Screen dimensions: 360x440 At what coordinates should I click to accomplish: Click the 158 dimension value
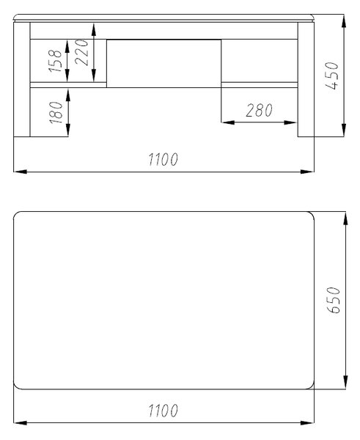pyautogui.click(x=55, y=61)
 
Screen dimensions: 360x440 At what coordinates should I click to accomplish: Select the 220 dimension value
pyautogui.click(x=83, y=53)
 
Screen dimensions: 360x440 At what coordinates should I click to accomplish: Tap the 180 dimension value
pyautogui.click(x=56, y=112)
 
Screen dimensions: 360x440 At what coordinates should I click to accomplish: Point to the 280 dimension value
pyautogui.click(x=259, y=110)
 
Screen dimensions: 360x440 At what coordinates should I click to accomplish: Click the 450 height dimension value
pyautogui.click(x=333, y=76)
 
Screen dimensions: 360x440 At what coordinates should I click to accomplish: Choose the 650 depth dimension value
pyautogui.click(x=334, y=300)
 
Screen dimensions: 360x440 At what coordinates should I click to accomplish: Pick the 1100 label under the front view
pyautogui.click(x=163, y=159)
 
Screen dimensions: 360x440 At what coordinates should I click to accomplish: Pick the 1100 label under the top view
pyautogui.click(x=163, y=410)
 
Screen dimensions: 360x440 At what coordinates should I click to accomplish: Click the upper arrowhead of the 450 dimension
pyautogui.click(x=344, y=21)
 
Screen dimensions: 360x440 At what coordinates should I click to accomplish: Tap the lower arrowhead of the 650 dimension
pyautogui.click(x=345, y=382)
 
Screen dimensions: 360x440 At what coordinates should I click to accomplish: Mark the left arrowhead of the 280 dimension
pyautogui.click(x=228, y=122)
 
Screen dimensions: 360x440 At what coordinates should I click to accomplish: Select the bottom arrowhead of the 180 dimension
pyautogui.click(x=67, y=130)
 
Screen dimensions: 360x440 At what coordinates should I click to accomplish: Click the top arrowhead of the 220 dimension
pyautogui.click(x=94, y=29)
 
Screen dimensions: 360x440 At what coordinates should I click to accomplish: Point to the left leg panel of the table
pyautogui.click(x=21, y=79)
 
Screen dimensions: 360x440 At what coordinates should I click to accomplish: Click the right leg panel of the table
pyautogui.click(x=306, y=79)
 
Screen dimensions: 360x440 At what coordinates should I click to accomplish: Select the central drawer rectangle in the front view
pyautogui.click(x=164, y=64)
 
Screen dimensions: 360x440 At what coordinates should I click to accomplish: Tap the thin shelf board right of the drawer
pyautogui.click(x=260, y=85)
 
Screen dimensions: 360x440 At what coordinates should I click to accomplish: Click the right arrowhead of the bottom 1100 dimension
pyautogui.click(x=307, y=422)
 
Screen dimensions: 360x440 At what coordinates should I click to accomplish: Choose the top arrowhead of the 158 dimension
pyautogui.click(x=67, y=46)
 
